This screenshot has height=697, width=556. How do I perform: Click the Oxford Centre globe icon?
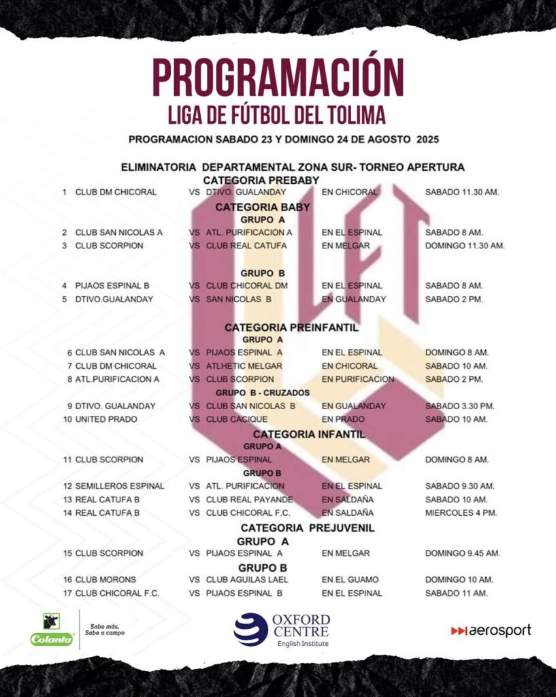250,630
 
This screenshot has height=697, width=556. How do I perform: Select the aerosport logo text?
491,631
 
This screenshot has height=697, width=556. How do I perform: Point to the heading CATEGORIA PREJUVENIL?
308,528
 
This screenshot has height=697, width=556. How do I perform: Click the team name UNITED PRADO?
106,419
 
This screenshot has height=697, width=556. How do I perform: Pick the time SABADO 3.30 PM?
459,406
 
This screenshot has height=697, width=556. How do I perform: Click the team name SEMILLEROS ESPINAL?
120,486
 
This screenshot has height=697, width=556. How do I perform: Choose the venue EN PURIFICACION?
358,379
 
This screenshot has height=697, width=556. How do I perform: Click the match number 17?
67,594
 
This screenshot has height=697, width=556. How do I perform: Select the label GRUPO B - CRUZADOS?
263,393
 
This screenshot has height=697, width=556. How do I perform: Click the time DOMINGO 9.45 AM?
462,553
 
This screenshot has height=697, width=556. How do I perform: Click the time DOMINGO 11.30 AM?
465,246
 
